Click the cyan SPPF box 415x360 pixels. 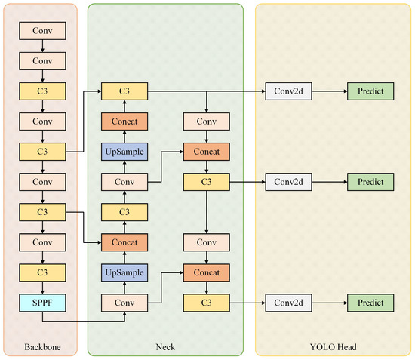point(42,303)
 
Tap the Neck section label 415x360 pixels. point(165,346)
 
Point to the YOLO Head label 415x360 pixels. point(334,346)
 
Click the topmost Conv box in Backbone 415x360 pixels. point(42,31)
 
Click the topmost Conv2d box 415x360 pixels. point(288,91)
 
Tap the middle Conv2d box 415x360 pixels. point(288,182)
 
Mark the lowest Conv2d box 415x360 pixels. point(288,303)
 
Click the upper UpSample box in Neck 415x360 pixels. point(124,152)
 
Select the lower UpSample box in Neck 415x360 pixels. point(124,272)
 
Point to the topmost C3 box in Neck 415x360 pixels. point(124,91)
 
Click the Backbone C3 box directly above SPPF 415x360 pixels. point(42,272)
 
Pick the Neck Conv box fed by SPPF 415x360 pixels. point(124,303)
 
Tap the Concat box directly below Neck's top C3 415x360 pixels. point(124,122)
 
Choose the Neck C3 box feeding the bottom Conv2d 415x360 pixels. point(207,303)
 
